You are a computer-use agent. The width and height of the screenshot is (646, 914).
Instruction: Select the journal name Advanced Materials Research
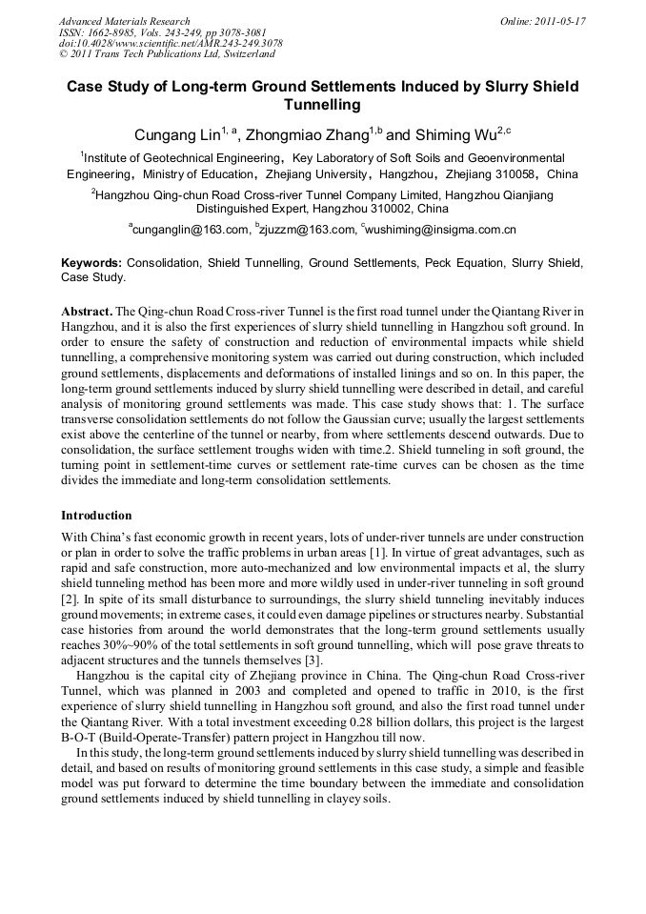(x=124, y=21)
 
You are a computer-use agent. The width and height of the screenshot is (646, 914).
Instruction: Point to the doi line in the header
(x=171, y=44)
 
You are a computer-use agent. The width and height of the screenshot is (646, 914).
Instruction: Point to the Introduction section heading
(x=96, y=516)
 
